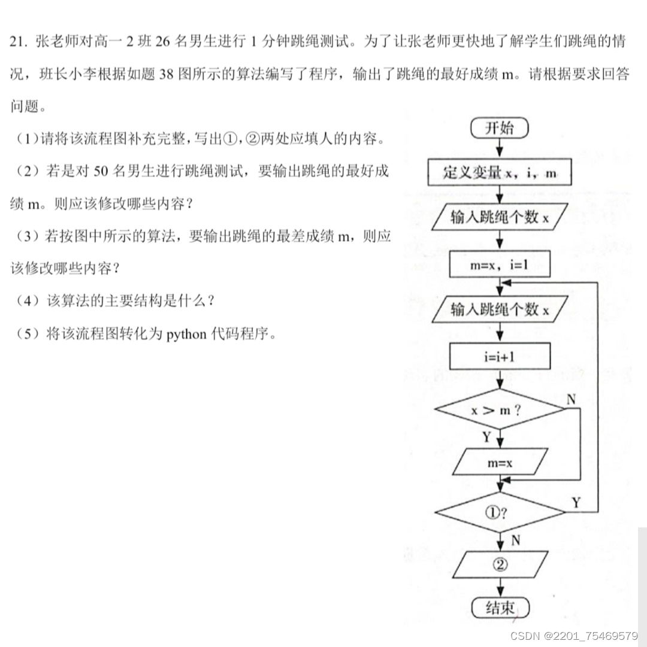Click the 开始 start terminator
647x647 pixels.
tap(500, 128)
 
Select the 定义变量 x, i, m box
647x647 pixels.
tap(500, 174)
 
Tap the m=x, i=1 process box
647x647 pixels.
tap(500, 265)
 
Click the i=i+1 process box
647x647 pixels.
tap(500, 357)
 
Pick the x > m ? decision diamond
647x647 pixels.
tap(500, 410)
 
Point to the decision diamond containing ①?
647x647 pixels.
tap(500, 512)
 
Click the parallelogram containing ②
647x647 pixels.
tap(500, 564)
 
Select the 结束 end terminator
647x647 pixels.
tap(500, 608)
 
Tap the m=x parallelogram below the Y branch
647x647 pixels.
tap(500, 462)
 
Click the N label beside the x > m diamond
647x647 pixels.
tap(571, 399)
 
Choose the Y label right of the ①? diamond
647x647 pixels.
tap(576, 503)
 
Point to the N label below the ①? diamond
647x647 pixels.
tap(515, 540)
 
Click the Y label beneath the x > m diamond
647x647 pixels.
tap(487, 438)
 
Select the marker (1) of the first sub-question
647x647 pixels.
tap(28, 139)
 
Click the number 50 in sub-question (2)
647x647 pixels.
tap(101, 172)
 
